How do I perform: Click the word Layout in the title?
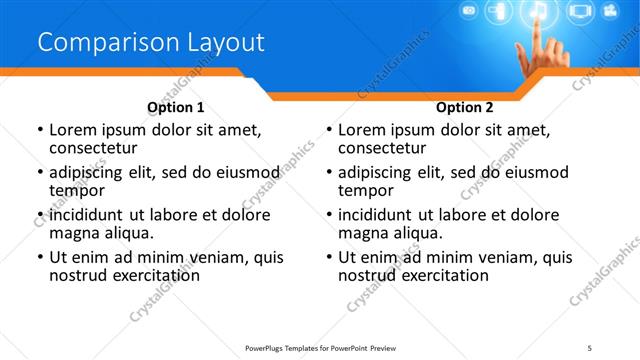point(224,43)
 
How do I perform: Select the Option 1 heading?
point(176,107)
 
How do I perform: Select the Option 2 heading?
point(464,107)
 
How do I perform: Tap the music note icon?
point(538,13)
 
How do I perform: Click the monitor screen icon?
point(580,13)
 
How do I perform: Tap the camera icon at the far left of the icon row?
point(468,11)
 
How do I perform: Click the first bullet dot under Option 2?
point(329,131)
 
